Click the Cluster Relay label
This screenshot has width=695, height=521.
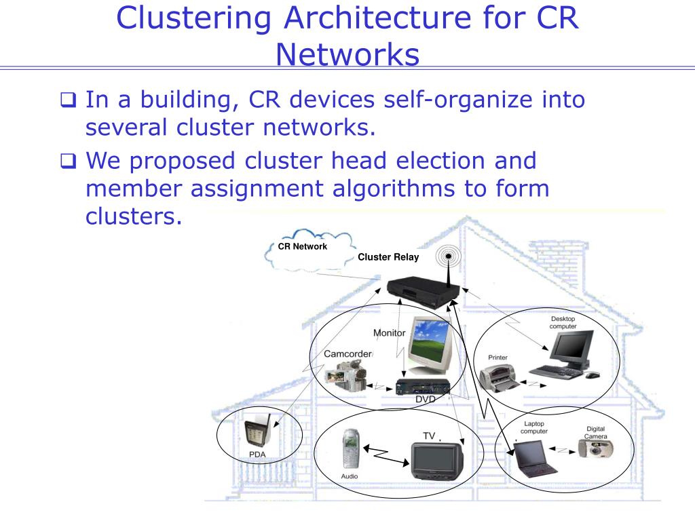click(388, 257)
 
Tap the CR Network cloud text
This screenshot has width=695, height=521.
click(303, 246)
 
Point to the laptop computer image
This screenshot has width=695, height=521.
click(536, 458)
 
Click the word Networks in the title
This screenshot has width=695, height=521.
click(347, 54)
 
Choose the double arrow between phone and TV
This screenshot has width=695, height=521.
click(385, 453)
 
